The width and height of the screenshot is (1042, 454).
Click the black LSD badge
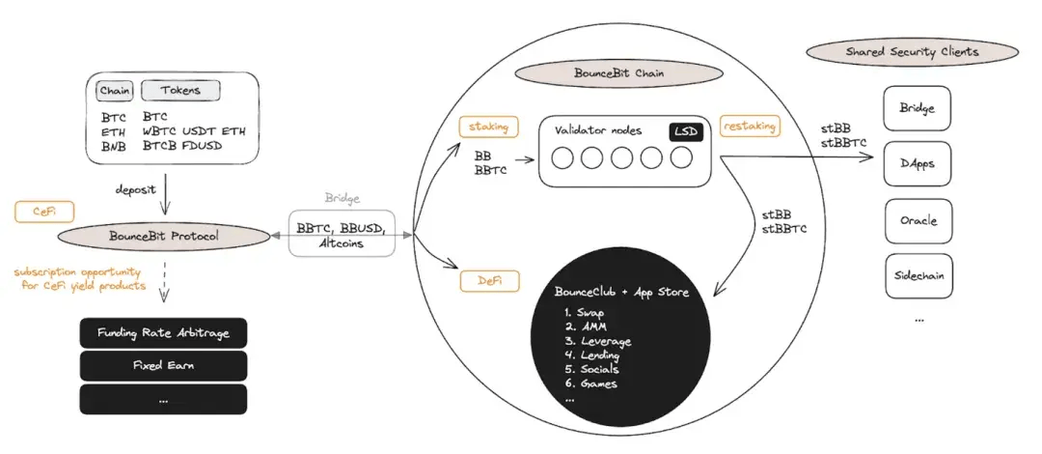click(x=685, y=130)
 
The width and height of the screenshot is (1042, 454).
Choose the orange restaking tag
click(x=750, y=126)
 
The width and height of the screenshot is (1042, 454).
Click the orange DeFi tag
click(x=489, y=280)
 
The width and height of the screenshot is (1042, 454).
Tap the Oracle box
click(x=918, y=220)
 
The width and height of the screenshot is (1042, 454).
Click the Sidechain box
click(x=918, y=276)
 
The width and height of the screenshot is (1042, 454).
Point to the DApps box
click(x=918, y=163)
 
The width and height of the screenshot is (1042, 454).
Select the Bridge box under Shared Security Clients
click(x=918, y=108)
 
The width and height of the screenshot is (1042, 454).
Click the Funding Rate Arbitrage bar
click(x=163, y=334)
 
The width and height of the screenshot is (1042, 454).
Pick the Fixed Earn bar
click(x=163, y=366)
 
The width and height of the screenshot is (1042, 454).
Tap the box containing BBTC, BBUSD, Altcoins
click(x=343, y=233)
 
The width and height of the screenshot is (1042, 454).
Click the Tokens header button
click(x=180, y=92)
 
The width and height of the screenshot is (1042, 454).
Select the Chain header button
click(x=115, y=92)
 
